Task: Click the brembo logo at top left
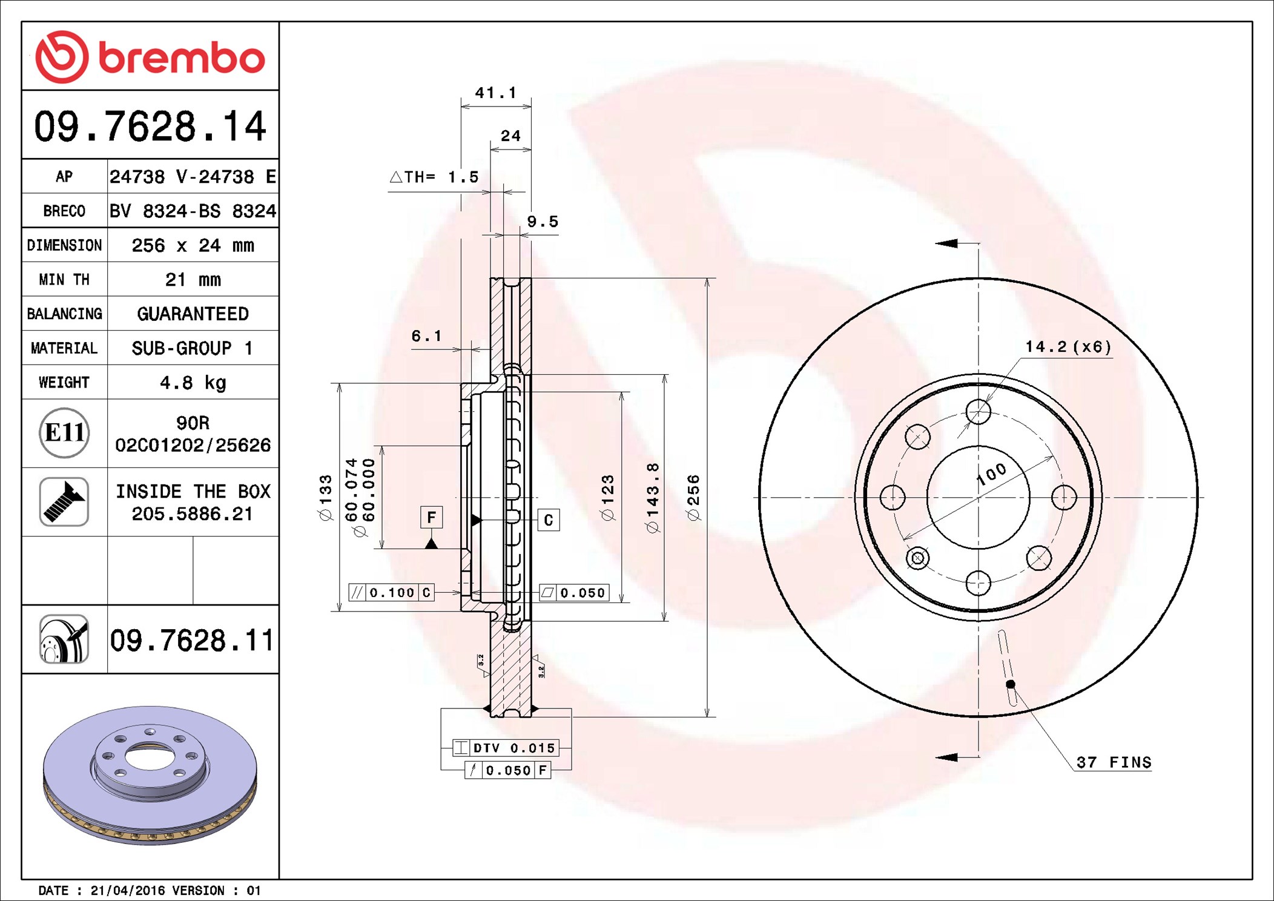pos(150,57)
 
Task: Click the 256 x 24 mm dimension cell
pos(193,245)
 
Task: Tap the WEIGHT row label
pos(64,382)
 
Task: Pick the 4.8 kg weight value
pos(193,383)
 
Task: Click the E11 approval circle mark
pos(64,432)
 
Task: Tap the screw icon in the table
pos(64,501)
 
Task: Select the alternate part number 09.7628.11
pos(192,640)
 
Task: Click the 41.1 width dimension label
pos(496,93)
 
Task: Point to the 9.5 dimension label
pos(543,222)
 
